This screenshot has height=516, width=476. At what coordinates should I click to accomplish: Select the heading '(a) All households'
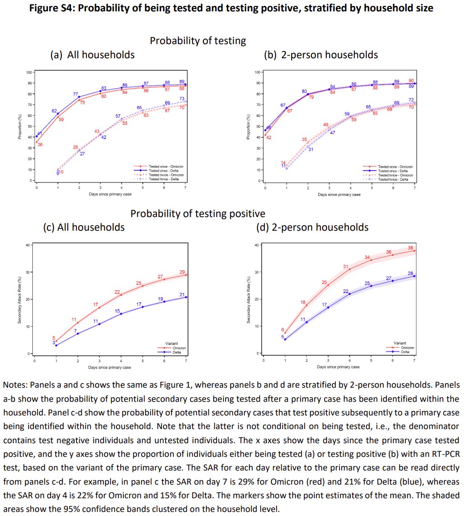[x=92, y=55]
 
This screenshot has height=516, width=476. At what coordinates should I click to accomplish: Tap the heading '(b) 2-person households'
[x=320, y=55]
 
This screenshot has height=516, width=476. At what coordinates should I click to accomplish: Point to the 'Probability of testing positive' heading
[x=197, y=213]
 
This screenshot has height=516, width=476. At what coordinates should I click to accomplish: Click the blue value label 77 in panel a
[x=76, y=94]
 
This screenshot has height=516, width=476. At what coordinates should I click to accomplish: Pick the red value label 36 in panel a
[x=40, y=145]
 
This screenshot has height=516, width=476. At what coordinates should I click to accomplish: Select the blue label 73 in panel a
[x=182, y=99]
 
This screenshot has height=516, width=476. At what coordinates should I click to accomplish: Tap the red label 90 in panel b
[x=411, y=81]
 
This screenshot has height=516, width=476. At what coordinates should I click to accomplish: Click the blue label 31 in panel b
[x=311, y=149]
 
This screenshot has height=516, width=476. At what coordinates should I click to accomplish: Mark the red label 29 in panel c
[x=182, y=272]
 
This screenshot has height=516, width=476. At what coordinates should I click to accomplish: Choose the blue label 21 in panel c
[x=182, y=294]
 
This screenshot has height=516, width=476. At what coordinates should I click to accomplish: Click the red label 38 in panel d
[x=410, y=248]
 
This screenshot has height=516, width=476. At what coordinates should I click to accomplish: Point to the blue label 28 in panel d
[x=410, y=273]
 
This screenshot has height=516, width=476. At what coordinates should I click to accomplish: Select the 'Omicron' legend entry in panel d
[x=407, y=348]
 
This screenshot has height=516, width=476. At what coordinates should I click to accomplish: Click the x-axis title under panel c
[x=110, y=367]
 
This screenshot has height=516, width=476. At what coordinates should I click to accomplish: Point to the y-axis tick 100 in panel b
[x=257, y=72]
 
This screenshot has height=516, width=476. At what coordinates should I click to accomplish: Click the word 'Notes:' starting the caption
[x=15, y=385]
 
